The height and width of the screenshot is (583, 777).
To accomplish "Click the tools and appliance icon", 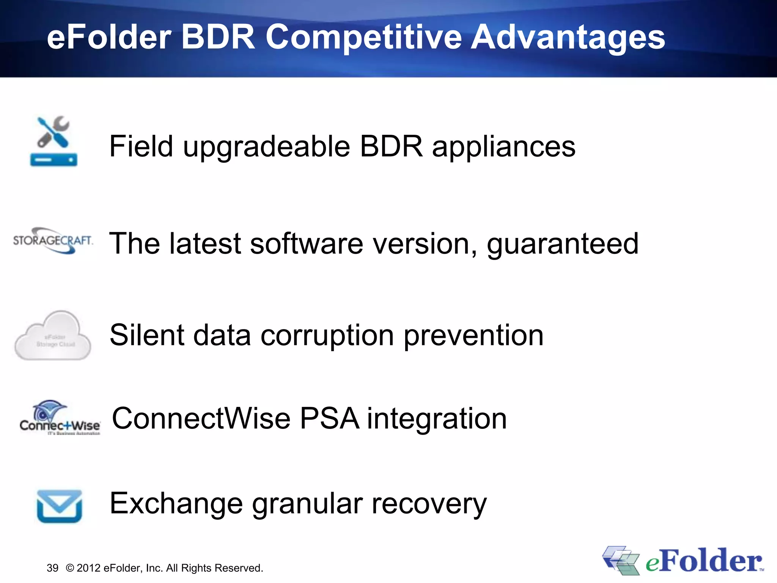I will click(53, 141).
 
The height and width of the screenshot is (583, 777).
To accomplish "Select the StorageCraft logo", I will click(53, 241).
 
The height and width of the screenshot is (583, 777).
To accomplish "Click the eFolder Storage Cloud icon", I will click(53, 336).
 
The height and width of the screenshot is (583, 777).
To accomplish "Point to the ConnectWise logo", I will click(60, 418).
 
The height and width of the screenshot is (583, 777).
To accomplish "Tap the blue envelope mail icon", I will click(60, 506).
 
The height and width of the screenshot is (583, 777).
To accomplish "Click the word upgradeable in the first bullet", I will click(267, 147).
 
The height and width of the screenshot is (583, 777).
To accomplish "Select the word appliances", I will click(503, 147).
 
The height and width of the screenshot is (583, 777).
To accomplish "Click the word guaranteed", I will click(563, 244).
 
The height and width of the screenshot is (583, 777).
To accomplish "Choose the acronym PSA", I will click(329, 418).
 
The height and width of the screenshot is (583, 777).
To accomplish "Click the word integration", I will click(437, 419).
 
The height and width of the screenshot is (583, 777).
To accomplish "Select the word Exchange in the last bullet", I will click(176, 504).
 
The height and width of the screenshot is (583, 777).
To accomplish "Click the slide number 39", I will click(52, 568).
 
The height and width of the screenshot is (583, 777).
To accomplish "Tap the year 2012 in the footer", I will click(88, 568).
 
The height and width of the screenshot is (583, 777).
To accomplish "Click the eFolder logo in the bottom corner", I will click(683, 561).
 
